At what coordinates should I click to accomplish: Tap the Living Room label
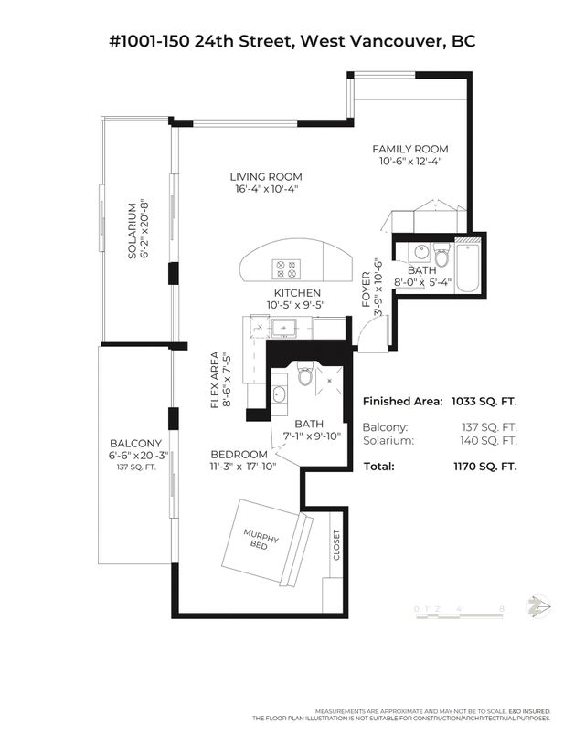[x=265, y=176]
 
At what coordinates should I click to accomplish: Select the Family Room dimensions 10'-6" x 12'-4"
[x=409, y=161]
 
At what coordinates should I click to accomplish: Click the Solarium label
[x=133, y=230]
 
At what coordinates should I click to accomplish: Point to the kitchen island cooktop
[x=285, y=268]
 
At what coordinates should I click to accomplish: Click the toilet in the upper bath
[x=442, y=257]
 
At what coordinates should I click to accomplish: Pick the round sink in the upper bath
[x=421, y=252]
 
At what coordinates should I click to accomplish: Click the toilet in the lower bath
[x=305, y=374]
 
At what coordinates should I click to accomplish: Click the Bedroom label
[x=239, y=455]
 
